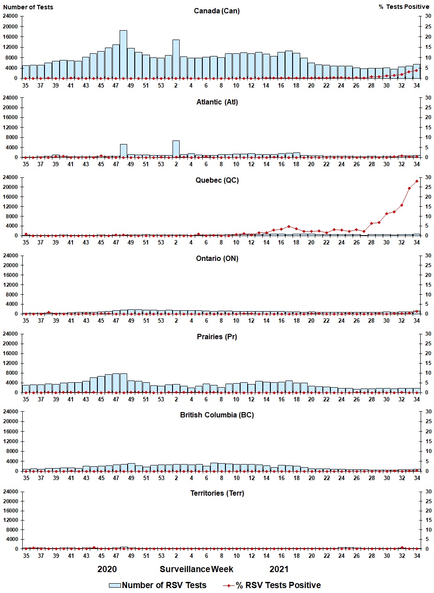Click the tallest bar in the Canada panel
click(123, 54)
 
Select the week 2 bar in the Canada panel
click(176, 59)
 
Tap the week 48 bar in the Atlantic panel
click(124, 151)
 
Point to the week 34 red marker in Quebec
click(417, 181)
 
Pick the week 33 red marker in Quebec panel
click(409, 188)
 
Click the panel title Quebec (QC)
click(217, 180)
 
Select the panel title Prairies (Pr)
click(217, 337)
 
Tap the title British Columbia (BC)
click(217, 415)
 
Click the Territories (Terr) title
click(217, 493)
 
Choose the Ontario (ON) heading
click(217, 258)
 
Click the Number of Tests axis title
click(28, 7)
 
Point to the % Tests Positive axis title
click(404, 7)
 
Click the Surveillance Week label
click(196, 569)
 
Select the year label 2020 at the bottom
click(107, 569)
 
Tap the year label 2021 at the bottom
click(279, 569)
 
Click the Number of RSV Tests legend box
click(115, 585)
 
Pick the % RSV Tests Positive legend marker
click(229, 585)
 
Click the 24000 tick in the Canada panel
click(10, 16)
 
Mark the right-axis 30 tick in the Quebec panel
click(428, 177)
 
